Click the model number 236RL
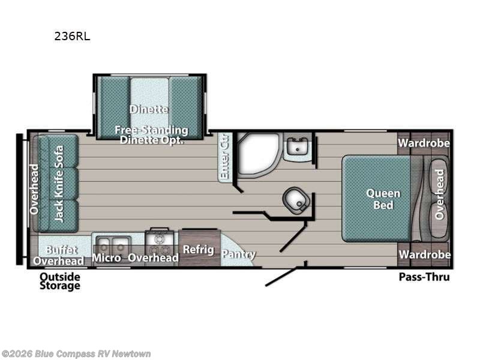(72, 36)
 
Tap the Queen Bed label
(383, 199)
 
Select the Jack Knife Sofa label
(58, 184)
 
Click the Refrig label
(199, 250)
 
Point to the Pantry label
(238, 254)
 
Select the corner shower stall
(258, 155)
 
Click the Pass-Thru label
(424, 277)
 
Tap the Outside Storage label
(60, 281)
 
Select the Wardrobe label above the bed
(424, 143)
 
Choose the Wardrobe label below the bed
(425, 254)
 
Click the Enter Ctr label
(224, 157)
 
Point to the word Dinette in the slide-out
(149, 109)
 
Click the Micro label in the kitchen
(107, 258)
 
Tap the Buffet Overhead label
(58, 256)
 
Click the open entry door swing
(281, 277)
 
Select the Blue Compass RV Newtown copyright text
(76, 354)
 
